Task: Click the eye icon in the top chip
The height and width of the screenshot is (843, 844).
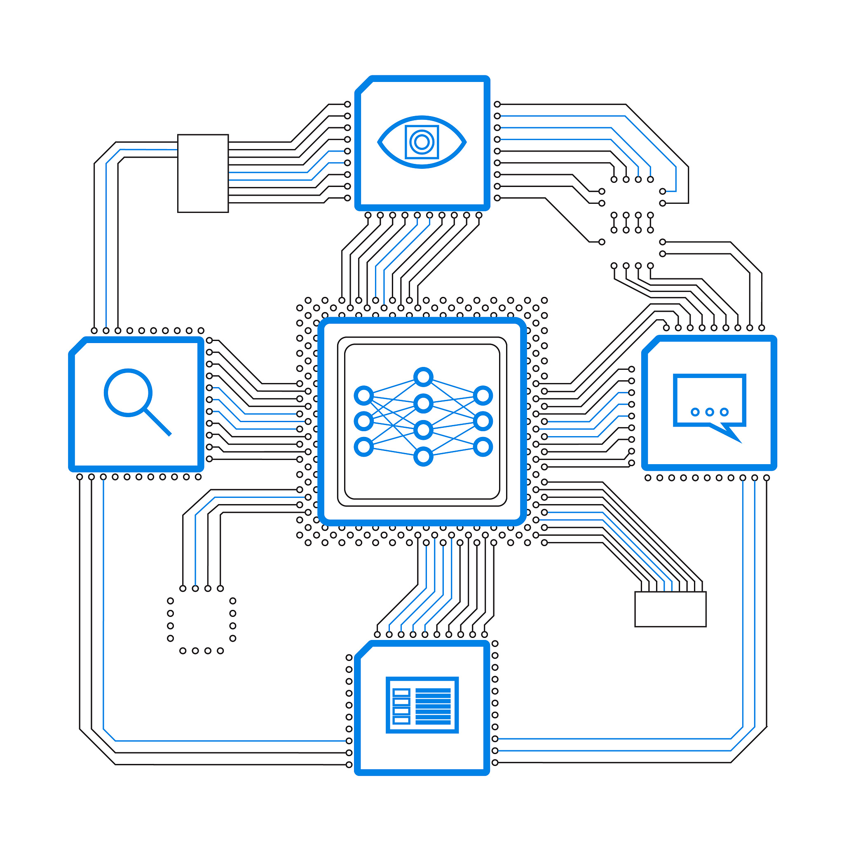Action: click(x=422, y=142)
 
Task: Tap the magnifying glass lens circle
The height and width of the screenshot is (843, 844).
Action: click(x=128, y=392)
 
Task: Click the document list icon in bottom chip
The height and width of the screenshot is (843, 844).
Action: click(x=422, y=705)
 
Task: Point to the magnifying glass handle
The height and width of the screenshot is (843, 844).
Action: click(x=158, y=422)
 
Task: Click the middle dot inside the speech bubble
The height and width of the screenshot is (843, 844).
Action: click(x=710, y=412)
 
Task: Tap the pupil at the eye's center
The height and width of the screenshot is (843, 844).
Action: click(x=422, y=142)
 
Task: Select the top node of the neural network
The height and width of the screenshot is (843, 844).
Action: click(x=423, y=377)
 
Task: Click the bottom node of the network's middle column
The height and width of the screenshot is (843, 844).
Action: click(x=423, y=457)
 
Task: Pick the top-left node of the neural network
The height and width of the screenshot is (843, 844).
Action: click(x=363, y=395)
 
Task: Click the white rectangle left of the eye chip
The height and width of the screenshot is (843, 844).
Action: click(x=203, y=173)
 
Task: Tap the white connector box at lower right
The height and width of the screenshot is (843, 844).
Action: click(x=670, y=609)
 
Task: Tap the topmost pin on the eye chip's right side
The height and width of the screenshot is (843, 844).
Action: click(x=497, y=104)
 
